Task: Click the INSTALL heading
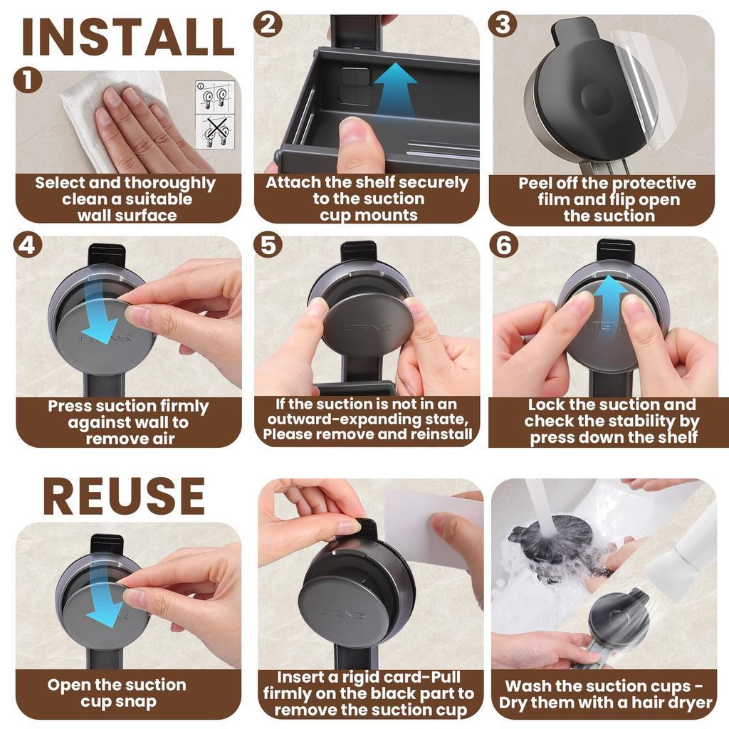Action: coord(127,37)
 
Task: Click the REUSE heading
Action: coord(124,495)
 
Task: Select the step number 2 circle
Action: coord(268,24)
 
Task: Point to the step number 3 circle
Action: coord(503,24)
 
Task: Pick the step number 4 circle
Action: coord(28,245)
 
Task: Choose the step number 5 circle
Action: coord(268,245)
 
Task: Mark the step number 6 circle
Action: coord(504,245)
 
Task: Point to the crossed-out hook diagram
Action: coord(215,132)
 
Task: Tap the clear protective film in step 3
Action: coord(646,88)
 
